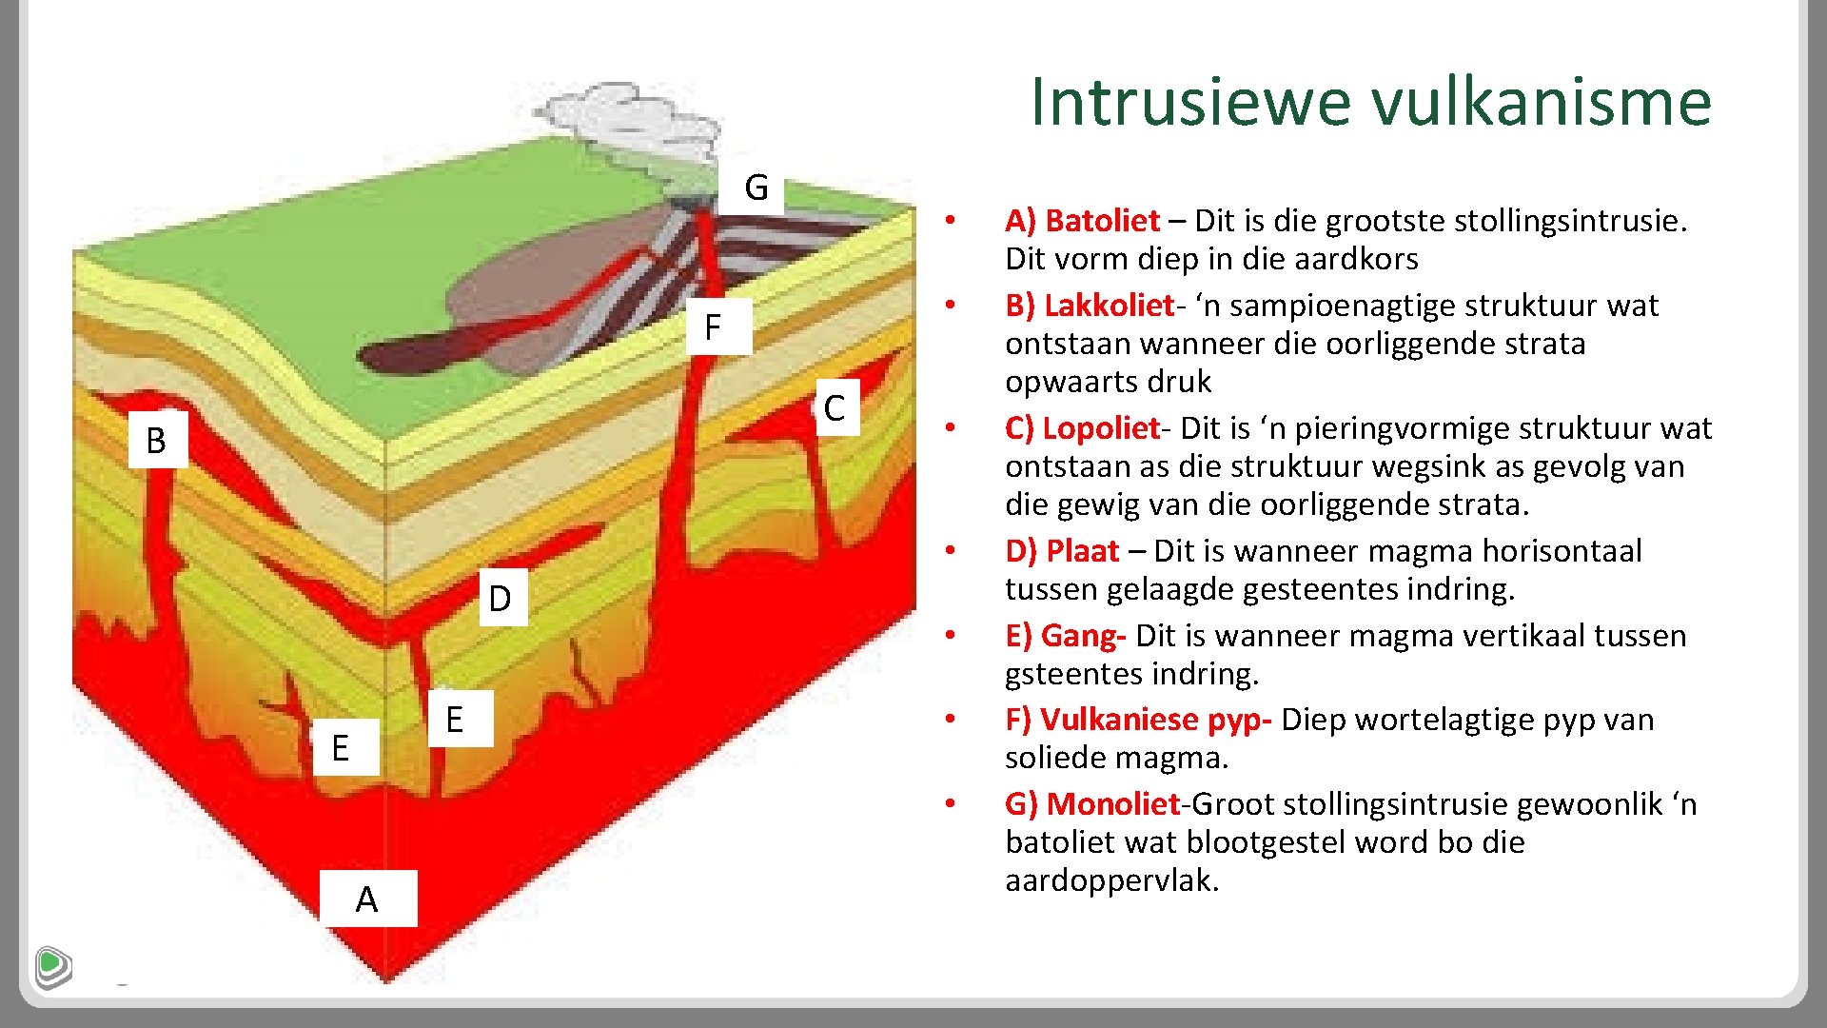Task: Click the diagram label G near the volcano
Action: [x=756, y=188]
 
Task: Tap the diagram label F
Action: [x=713, y=327]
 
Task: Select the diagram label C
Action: [x=835, y=408]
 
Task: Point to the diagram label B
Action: [x=156, y=441]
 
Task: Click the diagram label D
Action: [x=501, y=599]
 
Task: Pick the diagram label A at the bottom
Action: [x=367, y=899]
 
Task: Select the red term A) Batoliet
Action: [x=1082, y=221]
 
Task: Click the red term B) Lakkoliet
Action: [x=1090, y=306]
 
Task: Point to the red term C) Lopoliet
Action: [x=1082, y=428]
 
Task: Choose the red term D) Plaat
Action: [x=1062, y=551]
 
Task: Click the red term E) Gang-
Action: [x=1065, y=635]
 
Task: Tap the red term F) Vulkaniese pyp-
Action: [x=1137, y=720]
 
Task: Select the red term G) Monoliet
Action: [x=1091, y=804]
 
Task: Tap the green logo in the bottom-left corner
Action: [x=53, y=967]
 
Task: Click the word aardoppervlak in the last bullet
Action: [x=1110, y=880]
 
